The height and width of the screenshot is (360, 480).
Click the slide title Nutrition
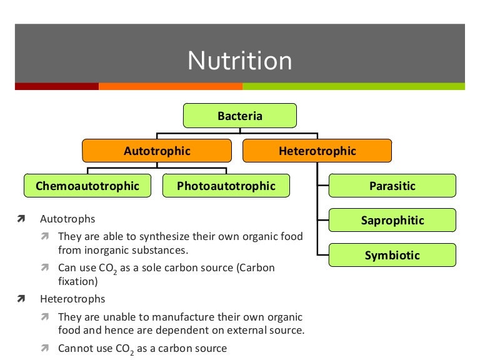tap(240, 61)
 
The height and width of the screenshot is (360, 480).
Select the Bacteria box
tap(239, 116)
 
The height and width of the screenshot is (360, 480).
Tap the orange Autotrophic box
tap(157, 151)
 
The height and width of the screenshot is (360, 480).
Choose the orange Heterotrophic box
tap(317, 151)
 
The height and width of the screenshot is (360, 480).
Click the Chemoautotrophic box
tap(87, 186)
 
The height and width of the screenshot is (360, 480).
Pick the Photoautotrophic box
tap(226, 186)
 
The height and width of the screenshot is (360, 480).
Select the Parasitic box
tap(392, 186)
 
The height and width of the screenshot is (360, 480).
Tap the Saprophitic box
tap(392, 221)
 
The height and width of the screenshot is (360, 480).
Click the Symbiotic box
tap(392, 256)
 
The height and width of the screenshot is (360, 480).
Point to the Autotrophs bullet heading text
tap(67, 220)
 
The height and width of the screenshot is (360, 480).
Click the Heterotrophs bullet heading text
tap(72, 299)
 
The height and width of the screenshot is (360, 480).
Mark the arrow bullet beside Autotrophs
tap(21, 220)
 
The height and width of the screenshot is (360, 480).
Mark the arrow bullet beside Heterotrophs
tap(21, 299)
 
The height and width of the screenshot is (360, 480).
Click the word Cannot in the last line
tap(74, 348)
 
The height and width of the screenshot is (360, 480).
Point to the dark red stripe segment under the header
tap(56, 86)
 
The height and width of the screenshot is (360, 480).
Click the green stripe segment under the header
tap(353, 86)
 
